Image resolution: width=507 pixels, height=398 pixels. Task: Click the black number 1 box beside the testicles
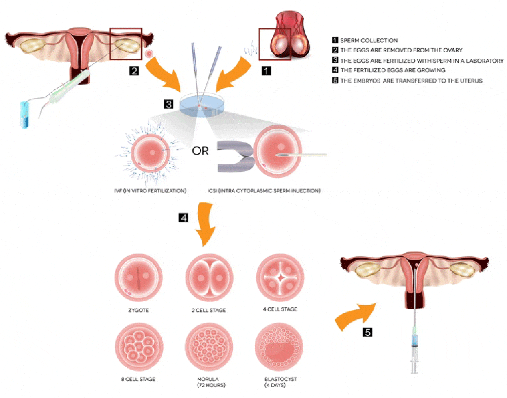point(266,71)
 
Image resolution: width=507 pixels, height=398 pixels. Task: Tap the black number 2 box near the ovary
point(134,71)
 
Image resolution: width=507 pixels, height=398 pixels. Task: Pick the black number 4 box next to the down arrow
point(183,218)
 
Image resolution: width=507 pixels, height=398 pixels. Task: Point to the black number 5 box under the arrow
point(368,333)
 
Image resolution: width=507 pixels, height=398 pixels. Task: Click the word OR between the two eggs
point(200,151)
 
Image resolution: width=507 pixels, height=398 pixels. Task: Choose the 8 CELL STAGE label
point(134,379)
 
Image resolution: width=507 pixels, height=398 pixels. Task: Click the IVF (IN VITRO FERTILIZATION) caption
point(151,191)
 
